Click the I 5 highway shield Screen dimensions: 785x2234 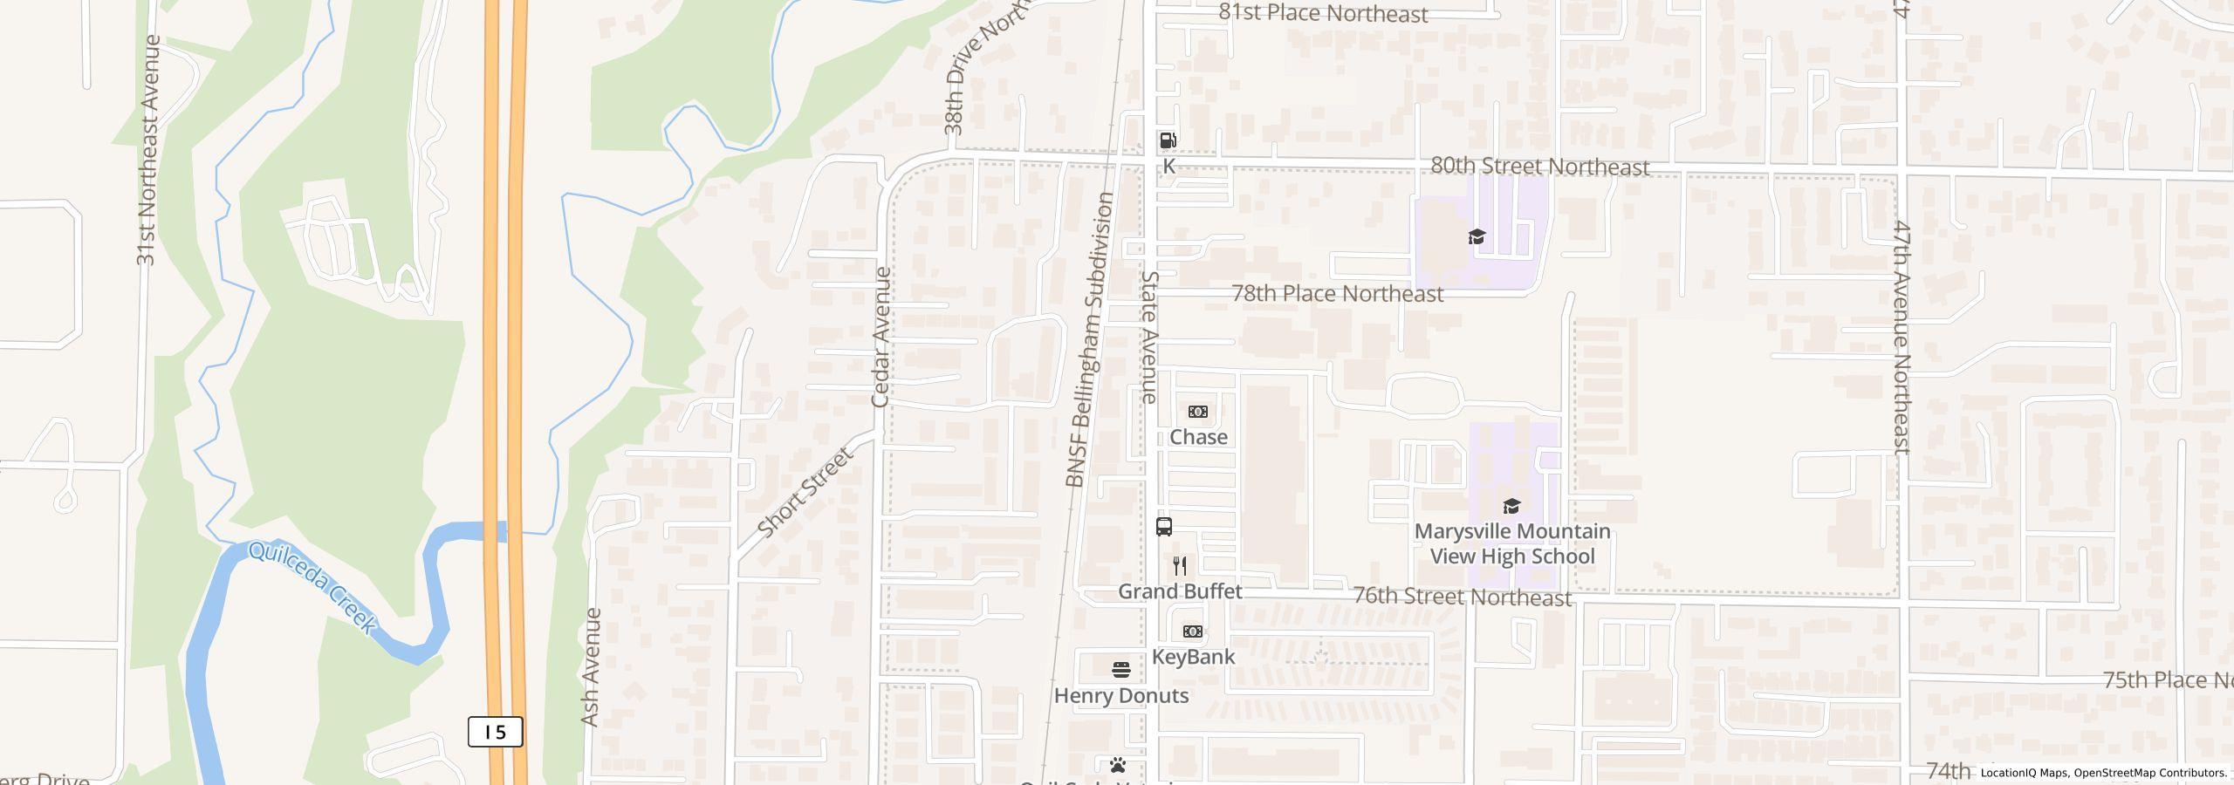pyautogui.click(x=495, y=732)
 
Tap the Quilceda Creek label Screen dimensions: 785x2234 pyautogui.click(x=312, y=587)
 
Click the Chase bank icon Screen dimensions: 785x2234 pyautogui.click(x=1198, y=412)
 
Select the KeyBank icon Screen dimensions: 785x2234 pyautogui.click(x=1192, y=631)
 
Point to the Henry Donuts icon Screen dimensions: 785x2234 pyautogui.click(x=1121, y=670)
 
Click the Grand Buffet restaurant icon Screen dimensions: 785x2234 pyautogui.click(x=1180, y=566)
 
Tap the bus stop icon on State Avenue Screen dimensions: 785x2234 pyautogui.click(x=1163, y=526)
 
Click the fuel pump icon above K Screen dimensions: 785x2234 pyautogui.click(x=1168, y=140)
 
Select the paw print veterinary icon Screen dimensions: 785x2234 pyautogui.click(x=1118, y=766)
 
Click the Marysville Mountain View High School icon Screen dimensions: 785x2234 pyautogui.click(x=1511, y=506)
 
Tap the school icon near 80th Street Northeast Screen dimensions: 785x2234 pyautogui.click(x=1477, y=236)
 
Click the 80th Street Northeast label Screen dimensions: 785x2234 pyautogui.click(x=1539, y=167)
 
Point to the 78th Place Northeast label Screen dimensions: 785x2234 pyautogui.click(x=1337, y=294)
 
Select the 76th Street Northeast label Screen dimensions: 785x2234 pyautogui.click(x=1462, y=597)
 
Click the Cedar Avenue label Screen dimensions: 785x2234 pyautogui.click(x=881, y=337)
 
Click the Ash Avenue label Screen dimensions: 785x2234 pyautogui.click(x=591, y=667)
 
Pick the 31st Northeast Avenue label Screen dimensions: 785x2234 pyautogui.click(x=147, y=150)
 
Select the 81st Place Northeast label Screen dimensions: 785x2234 pyautogui.click(x=1323, y=13)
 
